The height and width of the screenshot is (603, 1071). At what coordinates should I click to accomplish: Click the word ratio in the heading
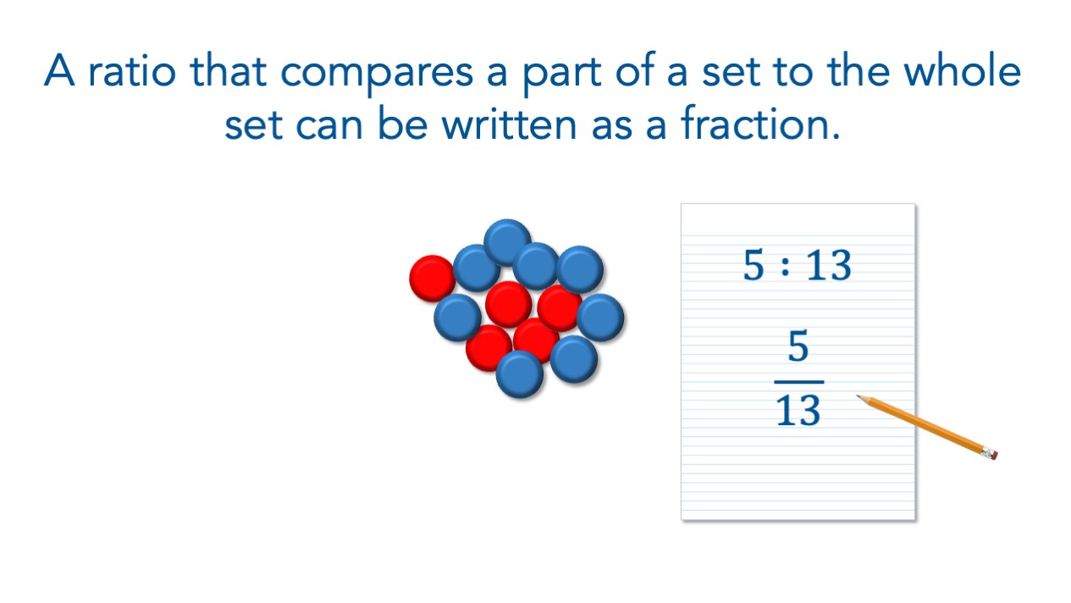pyautogui.click(x=132, y=71)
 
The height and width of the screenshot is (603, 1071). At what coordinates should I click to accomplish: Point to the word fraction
pyautogui.click(x=759, y=123)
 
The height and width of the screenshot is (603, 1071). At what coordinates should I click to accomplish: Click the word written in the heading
pyautogui.click(x=509, y=124)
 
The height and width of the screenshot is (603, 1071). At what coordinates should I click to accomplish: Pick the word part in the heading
pyautogui.click(x=561, y=76)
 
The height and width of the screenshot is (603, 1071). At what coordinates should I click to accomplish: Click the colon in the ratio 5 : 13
pyautogui.click(x=785, y=266)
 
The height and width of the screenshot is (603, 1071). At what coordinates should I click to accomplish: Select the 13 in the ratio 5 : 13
pyautogui.click(x=829, y=265)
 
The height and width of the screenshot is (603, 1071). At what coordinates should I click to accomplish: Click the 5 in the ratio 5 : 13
pyautogui.click(x=754, y=265)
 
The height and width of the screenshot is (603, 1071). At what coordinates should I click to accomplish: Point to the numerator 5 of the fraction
pyautogui.click(x=798, y=346)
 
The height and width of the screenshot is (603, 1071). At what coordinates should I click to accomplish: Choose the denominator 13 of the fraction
pyautogui.click(x=798, y=410)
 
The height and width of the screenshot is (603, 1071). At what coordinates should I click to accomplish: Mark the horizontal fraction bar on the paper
pyautogui.click(x=799, y=382)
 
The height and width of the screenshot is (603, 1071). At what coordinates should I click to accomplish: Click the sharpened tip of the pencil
pyautogui.click(x=857, y=396)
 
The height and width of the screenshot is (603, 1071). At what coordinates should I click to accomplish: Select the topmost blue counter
pyautogui.click(x=507, y=242)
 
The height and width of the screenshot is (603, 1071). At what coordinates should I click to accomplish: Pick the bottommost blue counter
pyautogui.click(x=520, y=374)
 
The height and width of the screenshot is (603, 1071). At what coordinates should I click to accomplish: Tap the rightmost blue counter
pyautogui.click(x=600, y=318)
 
